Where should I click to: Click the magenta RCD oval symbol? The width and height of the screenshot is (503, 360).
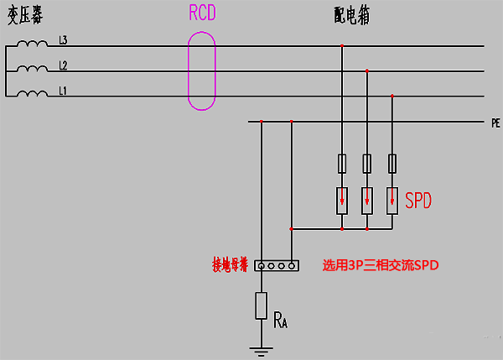202,70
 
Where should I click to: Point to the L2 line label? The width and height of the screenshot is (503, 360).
63,65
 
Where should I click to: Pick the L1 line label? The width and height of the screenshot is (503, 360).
63,90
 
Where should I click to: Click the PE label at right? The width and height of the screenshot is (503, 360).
495,123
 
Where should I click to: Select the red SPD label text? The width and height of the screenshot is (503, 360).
419,201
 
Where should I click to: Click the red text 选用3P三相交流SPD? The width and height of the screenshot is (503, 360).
381,265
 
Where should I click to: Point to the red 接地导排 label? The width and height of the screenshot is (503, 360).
231,265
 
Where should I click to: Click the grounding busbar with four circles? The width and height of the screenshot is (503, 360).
277,265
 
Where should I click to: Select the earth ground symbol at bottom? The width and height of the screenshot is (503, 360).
261,347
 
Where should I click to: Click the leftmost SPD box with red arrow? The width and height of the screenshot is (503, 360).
342,200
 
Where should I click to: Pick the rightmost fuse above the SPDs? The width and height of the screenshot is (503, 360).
392,163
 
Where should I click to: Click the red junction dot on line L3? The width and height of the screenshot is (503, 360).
342,46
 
